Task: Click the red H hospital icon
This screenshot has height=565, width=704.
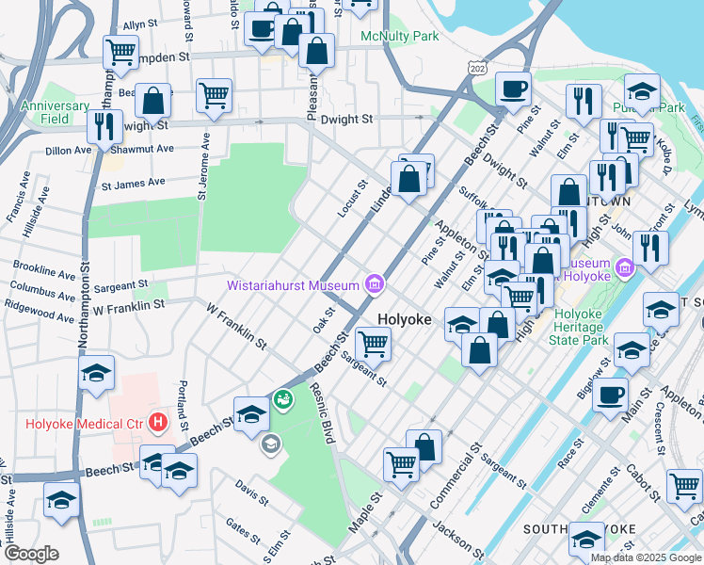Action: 157,423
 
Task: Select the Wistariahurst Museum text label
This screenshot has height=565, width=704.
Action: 293,284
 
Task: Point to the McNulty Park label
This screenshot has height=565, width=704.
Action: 400,37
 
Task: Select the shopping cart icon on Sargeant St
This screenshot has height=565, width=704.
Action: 374,345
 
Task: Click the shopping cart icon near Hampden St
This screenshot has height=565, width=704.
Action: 120,53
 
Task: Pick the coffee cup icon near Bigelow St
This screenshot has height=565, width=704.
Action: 611,395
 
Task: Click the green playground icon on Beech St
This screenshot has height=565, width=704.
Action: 282,401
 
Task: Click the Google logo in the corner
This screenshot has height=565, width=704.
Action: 30,553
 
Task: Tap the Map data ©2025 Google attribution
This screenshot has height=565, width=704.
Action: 646,557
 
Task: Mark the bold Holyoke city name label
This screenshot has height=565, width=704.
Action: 404,320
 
